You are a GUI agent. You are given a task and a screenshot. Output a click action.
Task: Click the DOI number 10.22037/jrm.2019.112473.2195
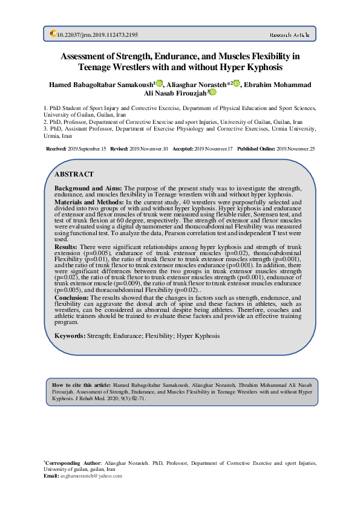97,35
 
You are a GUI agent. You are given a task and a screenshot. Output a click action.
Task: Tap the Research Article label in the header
289,35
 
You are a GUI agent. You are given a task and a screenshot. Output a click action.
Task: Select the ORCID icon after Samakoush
159,83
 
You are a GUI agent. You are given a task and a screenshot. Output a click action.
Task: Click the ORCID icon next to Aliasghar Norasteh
237,83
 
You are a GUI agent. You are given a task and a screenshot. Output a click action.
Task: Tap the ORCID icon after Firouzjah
212,92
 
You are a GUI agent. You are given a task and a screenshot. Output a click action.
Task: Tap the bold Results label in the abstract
66,247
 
